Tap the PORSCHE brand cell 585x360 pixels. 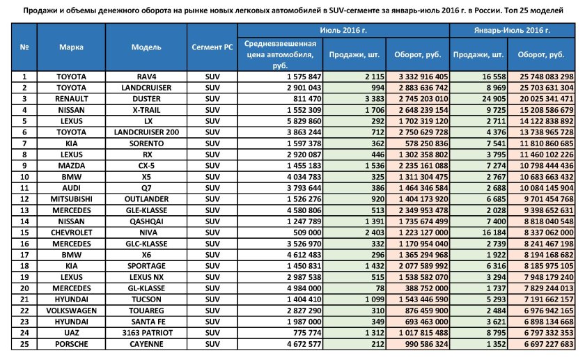pos(71,343)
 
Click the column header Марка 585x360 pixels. pos(71,47)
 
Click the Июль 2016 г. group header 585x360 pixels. pos(343,31)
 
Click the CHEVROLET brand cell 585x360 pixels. pos(71,232)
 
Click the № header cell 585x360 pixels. pos(24,47)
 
